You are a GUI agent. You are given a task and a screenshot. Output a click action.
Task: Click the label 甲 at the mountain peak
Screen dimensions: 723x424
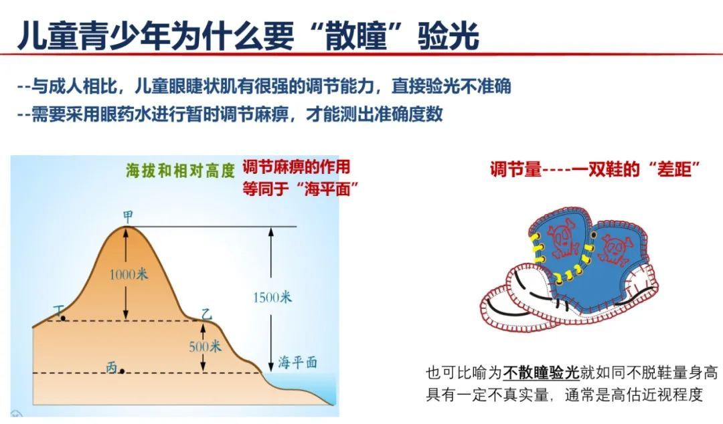coord(128,217)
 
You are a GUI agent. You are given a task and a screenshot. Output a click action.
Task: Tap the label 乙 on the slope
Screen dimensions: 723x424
coord(207,314)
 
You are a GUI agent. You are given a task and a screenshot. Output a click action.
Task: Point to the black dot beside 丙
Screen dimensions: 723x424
coord(123,370)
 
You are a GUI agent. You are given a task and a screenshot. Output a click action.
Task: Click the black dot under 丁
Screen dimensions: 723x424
coord(63,318)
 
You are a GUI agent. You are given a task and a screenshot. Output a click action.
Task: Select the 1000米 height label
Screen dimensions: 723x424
coord(129,274)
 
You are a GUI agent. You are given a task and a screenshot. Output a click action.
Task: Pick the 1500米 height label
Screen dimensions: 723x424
coord(272,297)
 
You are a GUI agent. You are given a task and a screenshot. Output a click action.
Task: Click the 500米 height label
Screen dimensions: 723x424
coord(206,346)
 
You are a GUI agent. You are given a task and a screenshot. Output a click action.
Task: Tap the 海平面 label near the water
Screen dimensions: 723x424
coord(297,362)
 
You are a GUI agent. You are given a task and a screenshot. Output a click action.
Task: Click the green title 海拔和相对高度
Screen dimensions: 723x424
coord(181,171)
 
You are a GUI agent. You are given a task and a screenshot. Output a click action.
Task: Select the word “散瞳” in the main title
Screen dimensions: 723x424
coord(357,35)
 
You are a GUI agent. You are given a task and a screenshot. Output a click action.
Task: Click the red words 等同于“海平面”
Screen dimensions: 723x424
coord(301,189)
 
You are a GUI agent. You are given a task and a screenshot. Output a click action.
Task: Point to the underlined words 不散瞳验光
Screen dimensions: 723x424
coord(540,373)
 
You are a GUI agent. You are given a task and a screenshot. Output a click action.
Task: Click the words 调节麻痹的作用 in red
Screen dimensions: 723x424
coord(297,167)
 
